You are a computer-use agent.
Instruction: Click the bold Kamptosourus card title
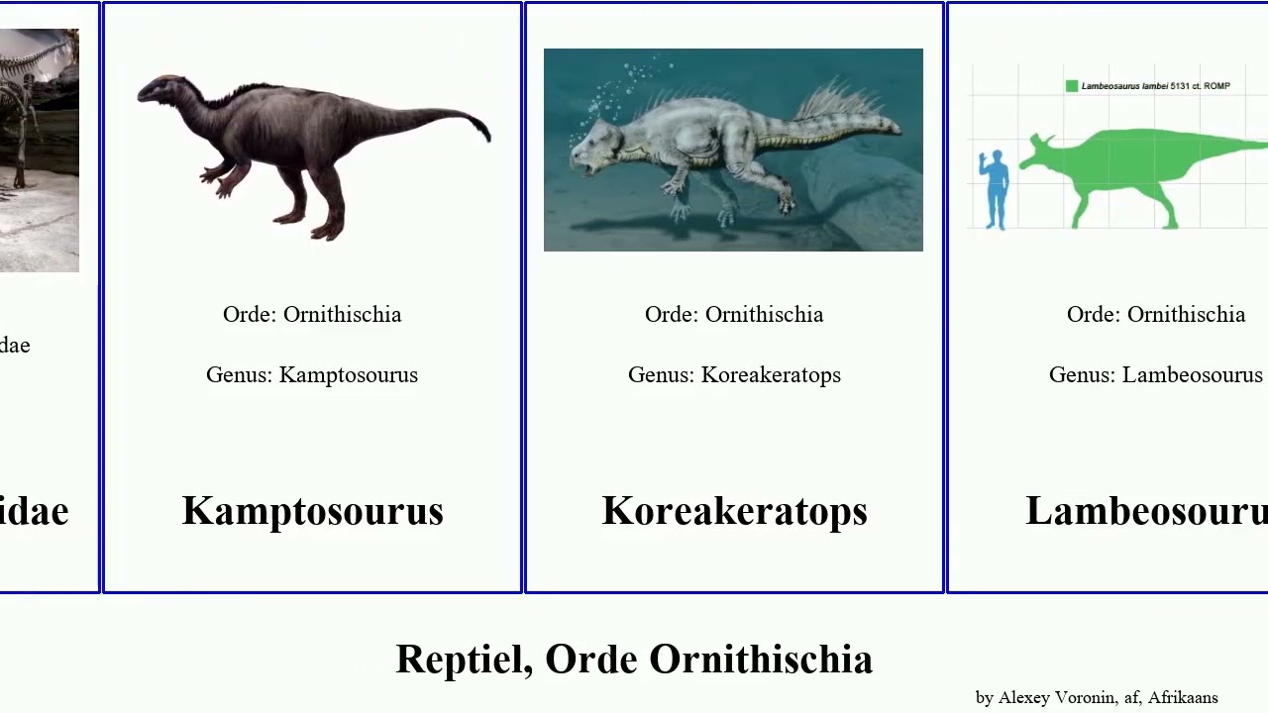[x=312, y=511]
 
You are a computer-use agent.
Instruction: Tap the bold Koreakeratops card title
[x=734, y=511]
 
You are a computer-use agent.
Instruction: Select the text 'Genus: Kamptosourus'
[x=312, y=375]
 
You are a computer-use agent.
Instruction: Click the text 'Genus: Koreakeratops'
[x=734, y=375]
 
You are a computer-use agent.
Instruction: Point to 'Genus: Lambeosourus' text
[x=1155, y=375]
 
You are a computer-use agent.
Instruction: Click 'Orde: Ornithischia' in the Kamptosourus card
[x=312, y=315]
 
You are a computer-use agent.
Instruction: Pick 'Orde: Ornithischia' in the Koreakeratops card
[x=734, y=315]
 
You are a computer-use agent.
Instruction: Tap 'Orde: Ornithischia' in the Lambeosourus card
[x=1155, y=315]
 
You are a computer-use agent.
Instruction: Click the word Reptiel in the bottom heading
[x=463, y=660]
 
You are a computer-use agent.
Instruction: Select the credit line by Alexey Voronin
[x=1097, y=697]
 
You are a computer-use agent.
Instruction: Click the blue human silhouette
[x=995, y=188]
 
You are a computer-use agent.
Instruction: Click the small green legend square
[x=1071, y=86]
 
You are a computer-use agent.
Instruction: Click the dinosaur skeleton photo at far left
[x=39, y=149]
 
